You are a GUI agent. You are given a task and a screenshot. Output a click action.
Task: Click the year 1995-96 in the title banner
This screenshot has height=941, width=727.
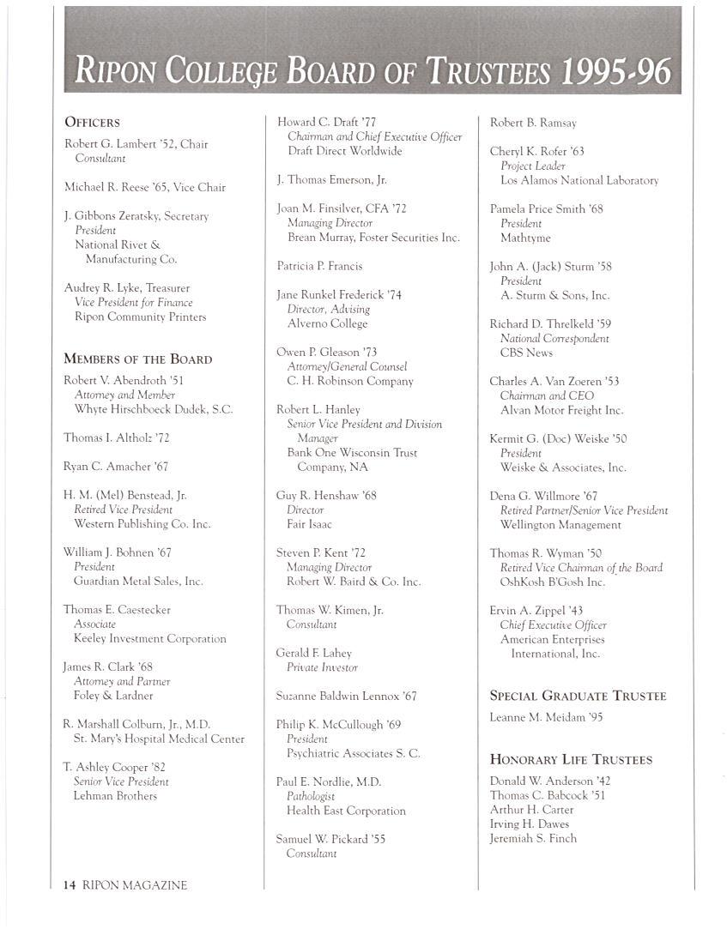click(615, 70)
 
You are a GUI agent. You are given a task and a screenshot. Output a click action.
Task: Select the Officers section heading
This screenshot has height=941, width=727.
click(92, 123)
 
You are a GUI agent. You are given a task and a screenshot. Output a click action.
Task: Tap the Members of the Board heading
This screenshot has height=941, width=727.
click(137, 359)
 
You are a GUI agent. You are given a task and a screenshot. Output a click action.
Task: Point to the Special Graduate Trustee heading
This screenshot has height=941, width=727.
click(578, 696)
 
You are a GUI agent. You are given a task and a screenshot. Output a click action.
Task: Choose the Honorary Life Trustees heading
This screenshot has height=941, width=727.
click(571, 759)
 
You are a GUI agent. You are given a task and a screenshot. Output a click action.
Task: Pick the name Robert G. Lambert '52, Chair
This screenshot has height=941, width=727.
click(136, 144)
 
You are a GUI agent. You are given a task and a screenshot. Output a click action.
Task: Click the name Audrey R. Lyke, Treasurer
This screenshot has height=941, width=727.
click(127, 288)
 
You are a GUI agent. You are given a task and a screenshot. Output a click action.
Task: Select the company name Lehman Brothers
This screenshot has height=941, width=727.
click(115, 796)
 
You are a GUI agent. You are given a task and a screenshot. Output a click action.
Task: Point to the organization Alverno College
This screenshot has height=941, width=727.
click(327, 323)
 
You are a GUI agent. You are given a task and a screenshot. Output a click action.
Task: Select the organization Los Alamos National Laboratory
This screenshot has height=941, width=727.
click(579, 180)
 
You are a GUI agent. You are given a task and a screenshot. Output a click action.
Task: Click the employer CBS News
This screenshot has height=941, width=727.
click(526, 353)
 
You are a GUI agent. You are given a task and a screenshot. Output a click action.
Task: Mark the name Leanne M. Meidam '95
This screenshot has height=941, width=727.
click(546, 717)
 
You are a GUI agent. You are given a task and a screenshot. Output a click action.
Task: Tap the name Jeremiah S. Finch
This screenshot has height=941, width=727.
click(533, 838)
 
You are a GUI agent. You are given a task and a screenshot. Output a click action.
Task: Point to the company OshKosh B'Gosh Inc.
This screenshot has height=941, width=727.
click(553, 582)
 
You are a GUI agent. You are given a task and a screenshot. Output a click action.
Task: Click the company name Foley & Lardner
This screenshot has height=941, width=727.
click(113, 696)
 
